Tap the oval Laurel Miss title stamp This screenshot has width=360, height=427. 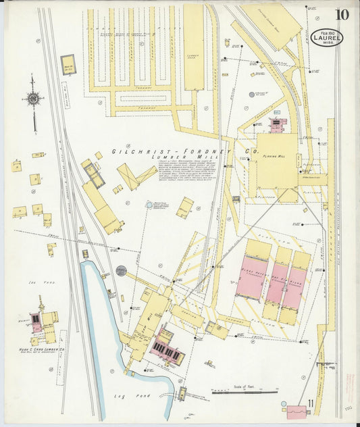[328, 36]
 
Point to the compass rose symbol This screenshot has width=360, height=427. [32, 99]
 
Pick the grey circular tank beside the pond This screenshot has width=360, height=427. [121, 271]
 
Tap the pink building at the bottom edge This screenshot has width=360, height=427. [297, 411]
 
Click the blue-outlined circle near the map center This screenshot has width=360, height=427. [149, 205]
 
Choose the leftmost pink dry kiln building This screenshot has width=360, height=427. [251, 277]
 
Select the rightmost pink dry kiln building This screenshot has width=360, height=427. [294, 287]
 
